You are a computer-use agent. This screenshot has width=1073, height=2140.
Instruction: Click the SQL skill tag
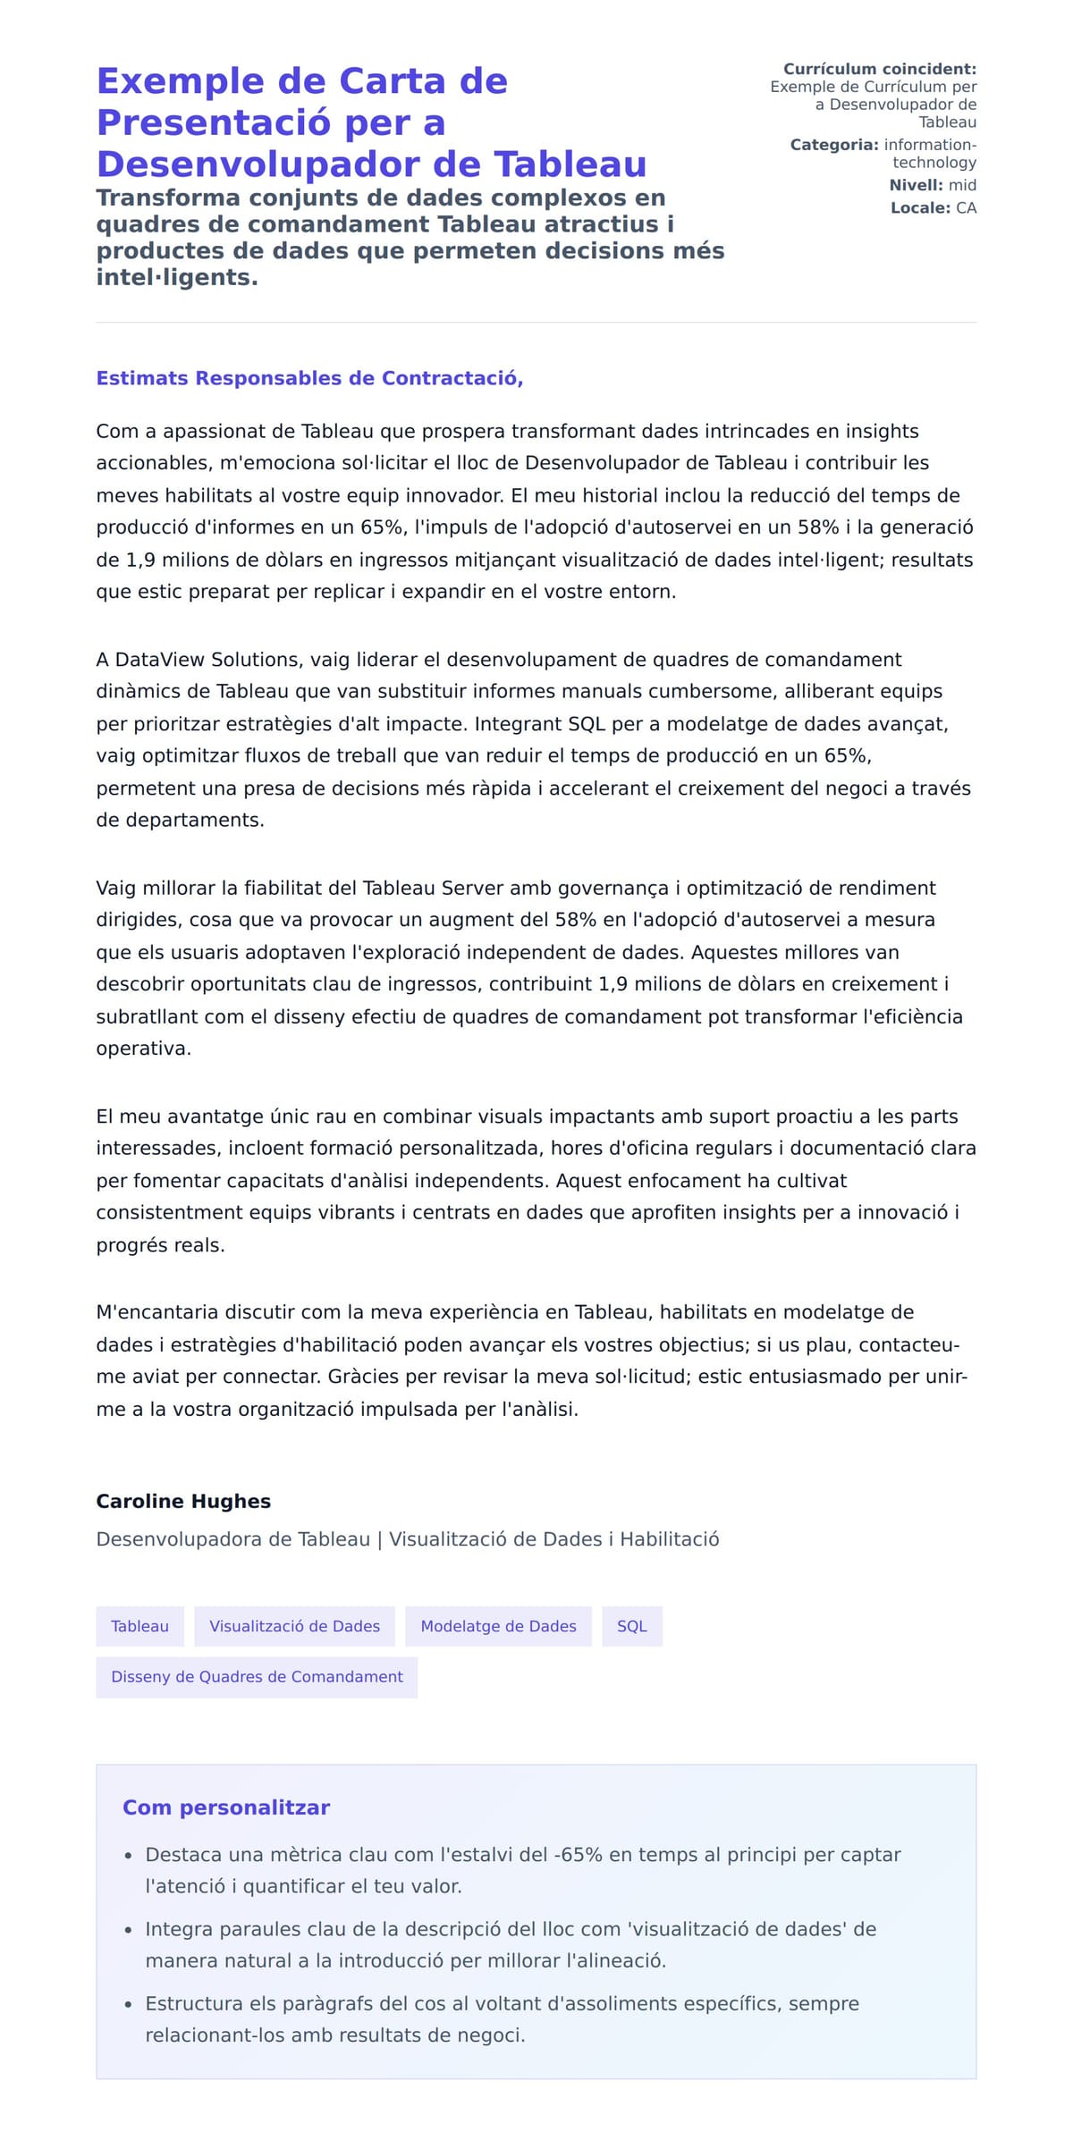pyautogui.click(x=631, y=1626)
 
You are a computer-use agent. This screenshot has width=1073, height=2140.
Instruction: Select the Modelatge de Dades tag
pyautogui.click(x=498, y=1626)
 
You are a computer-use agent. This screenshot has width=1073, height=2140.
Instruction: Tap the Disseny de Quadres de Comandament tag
pyautogui.click(x=257, y=1676)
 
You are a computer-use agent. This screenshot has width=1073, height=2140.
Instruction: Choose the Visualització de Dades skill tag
pyautogui.click(x=294, y=1626)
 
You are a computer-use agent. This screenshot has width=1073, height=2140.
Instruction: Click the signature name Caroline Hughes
pyautogui.click(x=183, y=1501)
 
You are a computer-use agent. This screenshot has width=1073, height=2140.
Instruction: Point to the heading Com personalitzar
pyautogui.click(x=226, y=1807)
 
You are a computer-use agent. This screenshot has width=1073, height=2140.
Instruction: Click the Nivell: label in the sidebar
pyautogui.click(x=916, y=185)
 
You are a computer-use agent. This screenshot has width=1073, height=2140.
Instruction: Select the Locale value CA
pyautogui.click(x=966, y=208)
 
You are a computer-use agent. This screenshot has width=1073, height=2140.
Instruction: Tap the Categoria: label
pyautogui.click(x=834, y=145)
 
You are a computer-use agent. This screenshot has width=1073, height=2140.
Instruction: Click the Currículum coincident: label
pyautogui.click(x=880, y=69)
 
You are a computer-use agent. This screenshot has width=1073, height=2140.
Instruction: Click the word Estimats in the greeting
pyautogui.click(x=142, y=378)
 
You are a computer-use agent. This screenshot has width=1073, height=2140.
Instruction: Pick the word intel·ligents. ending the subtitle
pyautogui.click(x=177, y=277)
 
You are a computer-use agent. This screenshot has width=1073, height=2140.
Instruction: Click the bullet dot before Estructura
pyautogui.click(x=129, y=2006)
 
